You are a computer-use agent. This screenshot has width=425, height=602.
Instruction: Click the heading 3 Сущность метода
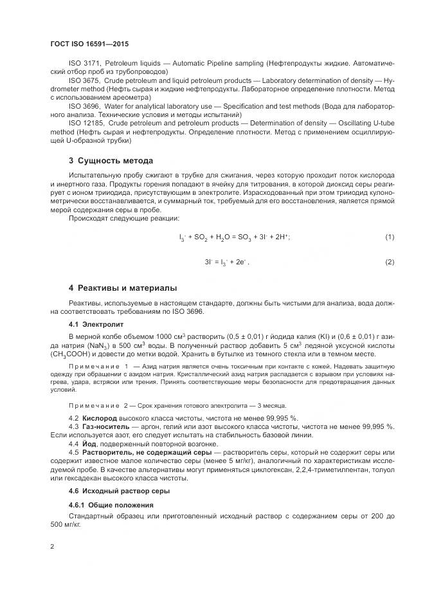[111, 160]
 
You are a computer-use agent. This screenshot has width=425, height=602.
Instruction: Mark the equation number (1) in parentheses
[389, 237]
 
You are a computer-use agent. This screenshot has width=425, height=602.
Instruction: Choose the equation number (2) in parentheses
[389, 262]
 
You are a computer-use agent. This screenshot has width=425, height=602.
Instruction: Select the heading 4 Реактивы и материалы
[122, 287]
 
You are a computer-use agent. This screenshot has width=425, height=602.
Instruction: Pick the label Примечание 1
[93, 365]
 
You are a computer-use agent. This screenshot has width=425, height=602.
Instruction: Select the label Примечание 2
[93, 406]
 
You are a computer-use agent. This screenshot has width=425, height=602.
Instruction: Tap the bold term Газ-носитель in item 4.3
[105, 427]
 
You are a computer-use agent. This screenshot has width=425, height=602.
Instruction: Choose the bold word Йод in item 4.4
[90, 444]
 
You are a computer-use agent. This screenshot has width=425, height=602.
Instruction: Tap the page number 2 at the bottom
[52, 547]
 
